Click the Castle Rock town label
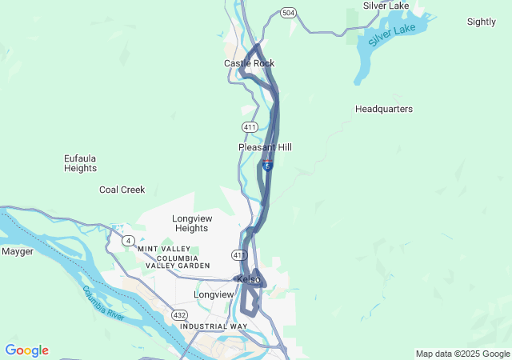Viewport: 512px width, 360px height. click(x=249, y=63)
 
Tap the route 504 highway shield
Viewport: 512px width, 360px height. click(x=288, y=13)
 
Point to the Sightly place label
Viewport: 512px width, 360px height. click(x=481, y=22)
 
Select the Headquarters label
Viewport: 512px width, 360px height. click(x=384, y=109)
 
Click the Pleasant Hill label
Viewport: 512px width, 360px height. click(x=265, y=147)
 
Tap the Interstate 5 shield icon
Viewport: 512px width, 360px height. click(x=267, y=164)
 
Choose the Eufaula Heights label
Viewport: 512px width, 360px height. click(x=80, y=163)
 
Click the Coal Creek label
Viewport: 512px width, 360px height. click(x=122, y=190)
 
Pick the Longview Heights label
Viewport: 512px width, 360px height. click(x=191, y=222)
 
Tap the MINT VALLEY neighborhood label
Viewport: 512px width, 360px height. click(x=165, y=249)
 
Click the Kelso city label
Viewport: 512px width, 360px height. click(x=249, y=279)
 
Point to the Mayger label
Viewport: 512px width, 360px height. click(x=18, y=251)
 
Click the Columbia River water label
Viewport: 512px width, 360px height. click(x=103, y=303)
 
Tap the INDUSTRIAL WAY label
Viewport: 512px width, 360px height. click(x=214, y=326)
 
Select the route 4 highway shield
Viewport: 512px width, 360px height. click(x=128, y=240)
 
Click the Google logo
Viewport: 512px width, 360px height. click(x=26, y=350)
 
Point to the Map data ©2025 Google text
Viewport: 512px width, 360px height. click(x=462, y=354)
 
